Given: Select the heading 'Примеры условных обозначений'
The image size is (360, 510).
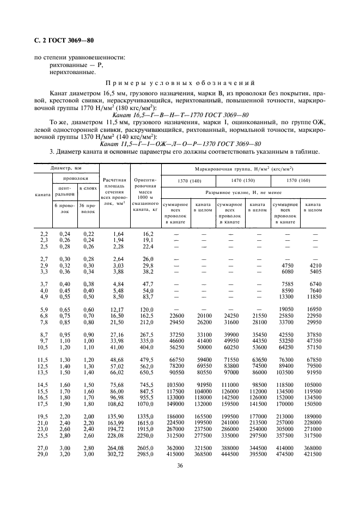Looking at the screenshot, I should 180,83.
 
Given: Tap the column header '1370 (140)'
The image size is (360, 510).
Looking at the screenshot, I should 188,180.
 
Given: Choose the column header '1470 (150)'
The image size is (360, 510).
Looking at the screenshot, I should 243,180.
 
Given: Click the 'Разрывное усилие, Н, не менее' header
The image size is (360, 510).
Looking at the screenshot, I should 243,193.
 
